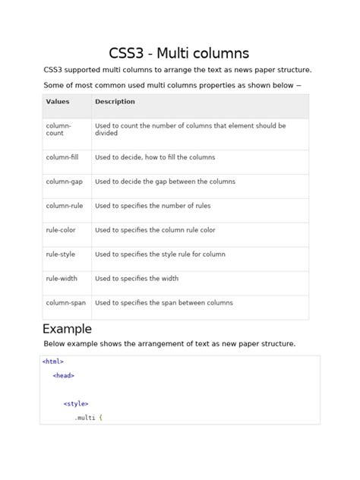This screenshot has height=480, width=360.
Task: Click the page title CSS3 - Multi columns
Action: pos(179,52)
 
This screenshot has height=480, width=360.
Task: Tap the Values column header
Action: pos(58,102)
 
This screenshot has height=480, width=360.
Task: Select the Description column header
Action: pos(115,102)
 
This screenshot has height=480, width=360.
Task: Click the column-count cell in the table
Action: pos(58,129)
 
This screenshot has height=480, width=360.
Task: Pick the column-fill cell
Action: pos(62,157)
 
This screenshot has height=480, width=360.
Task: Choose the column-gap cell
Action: pos(64,182)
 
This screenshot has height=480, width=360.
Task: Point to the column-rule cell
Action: pos(64,206)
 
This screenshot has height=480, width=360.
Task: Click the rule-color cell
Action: pos(61,230)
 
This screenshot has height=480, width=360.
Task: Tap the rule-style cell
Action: pos(61,254)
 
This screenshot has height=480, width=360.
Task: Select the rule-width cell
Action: pos(62,279)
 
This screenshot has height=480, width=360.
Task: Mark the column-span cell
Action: pos(65,303)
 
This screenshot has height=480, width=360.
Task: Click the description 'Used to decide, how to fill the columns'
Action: pos(155,157)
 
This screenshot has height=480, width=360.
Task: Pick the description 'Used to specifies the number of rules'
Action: pos(153,206)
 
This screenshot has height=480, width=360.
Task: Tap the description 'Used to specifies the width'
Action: pos(137,279)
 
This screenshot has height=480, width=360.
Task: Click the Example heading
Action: pos(67,329)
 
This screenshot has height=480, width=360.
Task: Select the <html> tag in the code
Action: pos(53,362)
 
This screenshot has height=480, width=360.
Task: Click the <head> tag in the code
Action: pos(64,375)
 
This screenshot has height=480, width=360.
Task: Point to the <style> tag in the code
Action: pos(76,404)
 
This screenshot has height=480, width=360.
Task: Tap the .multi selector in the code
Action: pos(84,418)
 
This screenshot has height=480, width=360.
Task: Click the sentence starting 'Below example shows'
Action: pos(169,344)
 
